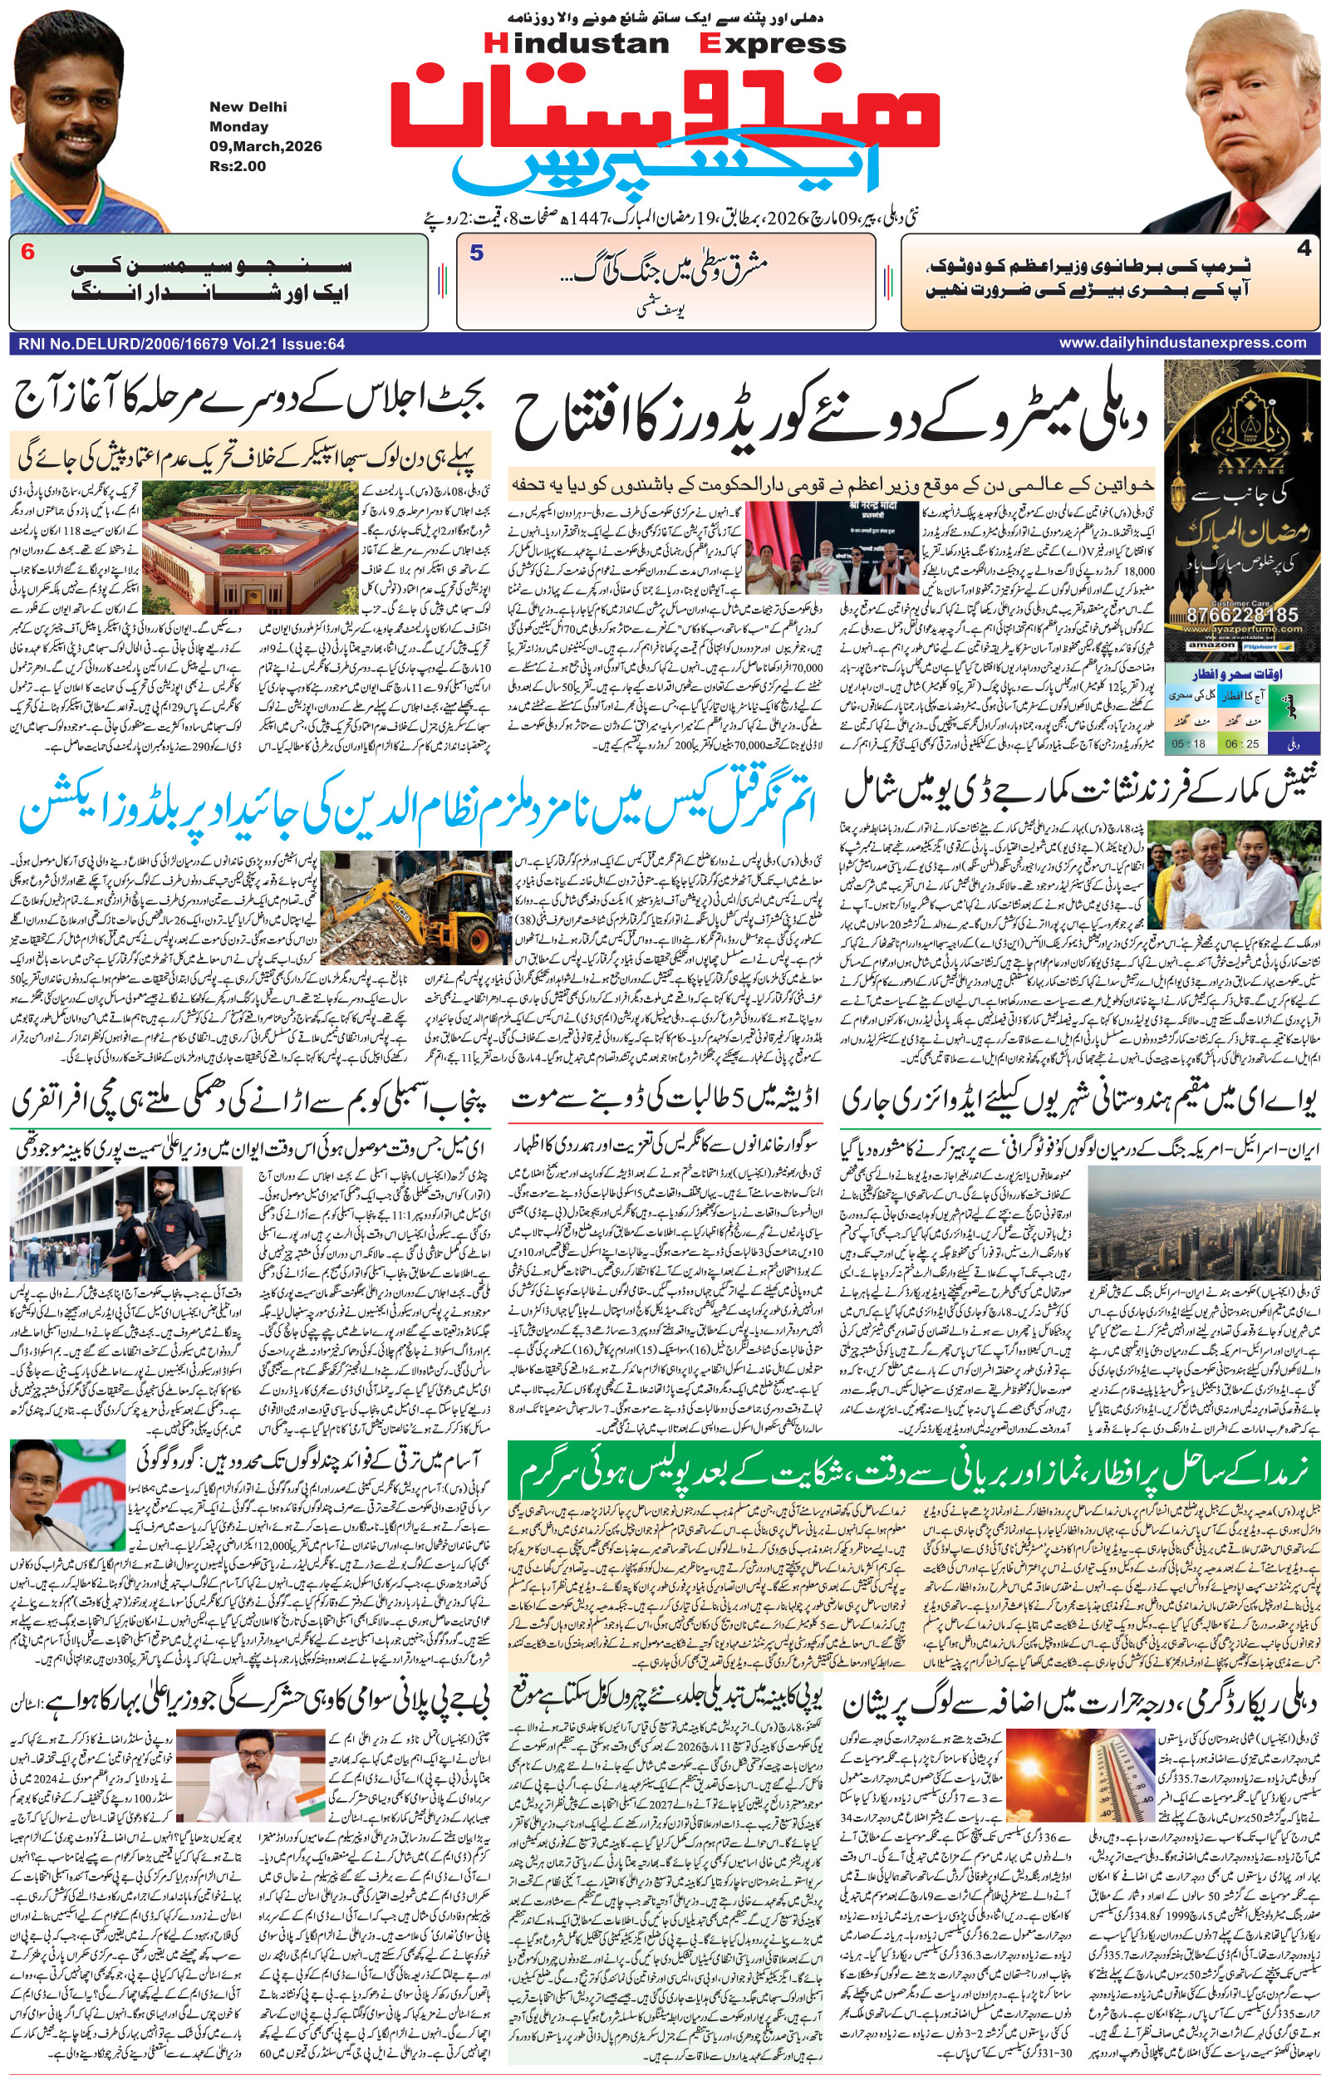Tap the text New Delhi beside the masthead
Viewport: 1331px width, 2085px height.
click(248, 107)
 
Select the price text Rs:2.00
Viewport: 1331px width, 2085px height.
click(238, 166)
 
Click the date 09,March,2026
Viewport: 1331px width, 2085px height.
click(265, 146)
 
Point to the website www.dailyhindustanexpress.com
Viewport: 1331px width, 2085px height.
click(1182, 343)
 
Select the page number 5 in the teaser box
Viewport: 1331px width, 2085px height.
click(476, 253)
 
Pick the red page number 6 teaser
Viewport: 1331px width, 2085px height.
click(27, 253)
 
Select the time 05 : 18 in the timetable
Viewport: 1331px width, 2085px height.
click(1188, 743)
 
